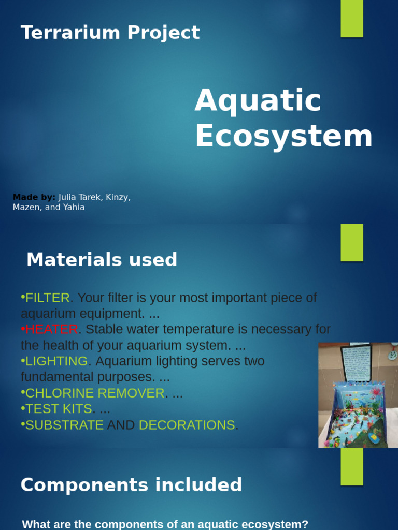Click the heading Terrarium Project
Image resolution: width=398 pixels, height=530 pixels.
110,33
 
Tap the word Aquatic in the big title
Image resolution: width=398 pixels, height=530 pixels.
258,100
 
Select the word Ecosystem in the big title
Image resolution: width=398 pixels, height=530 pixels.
283,136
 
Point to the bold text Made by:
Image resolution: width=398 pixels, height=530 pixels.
34,197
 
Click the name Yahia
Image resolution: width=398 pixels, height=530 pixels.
74,208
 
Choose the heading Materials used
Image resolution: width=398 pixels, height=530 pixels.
102,260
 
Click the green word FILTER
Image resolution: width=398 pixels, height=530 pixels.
48,298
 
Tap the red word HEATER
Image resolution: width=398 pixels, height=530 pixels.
52,330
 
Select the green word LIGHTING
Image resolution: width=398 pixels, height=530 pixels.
56,361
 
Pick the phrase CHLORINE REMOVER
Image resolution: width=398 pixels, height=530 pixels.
95,393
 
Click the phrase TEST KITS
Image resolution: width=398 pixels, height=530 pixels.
59,409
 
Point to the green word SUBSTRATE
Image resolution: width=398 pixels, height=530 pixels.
64,425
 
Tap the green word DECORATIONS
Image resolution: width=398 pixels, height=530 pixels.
187,425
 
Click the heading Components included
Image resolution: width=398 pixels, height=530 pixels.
131,485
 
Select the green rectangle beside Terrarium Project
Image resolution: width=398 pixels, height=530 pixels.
352,19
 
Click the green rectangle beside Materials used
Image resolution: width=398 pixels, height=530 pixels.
352,243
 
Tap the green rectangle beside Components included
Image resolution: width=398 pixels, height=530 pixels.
352,467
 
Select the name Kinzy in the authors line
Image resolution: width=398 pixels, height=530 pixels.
118,197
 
